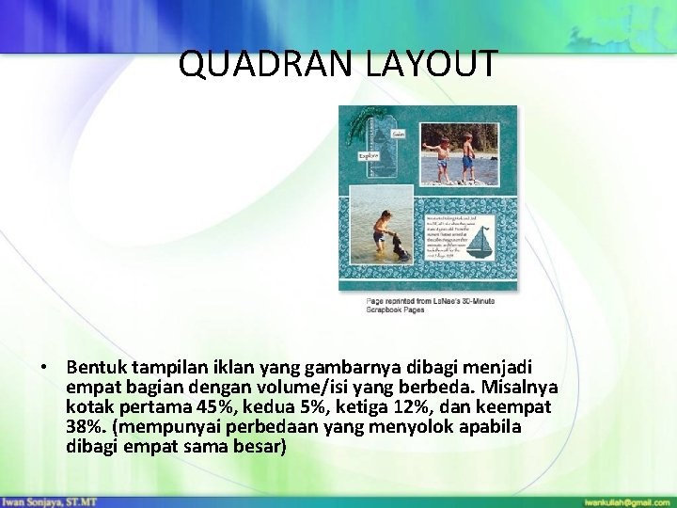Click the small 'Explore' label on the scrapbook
point(369,155)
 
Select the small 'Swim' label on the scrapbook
point(398,135)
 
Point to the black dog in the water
point(401,248)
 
